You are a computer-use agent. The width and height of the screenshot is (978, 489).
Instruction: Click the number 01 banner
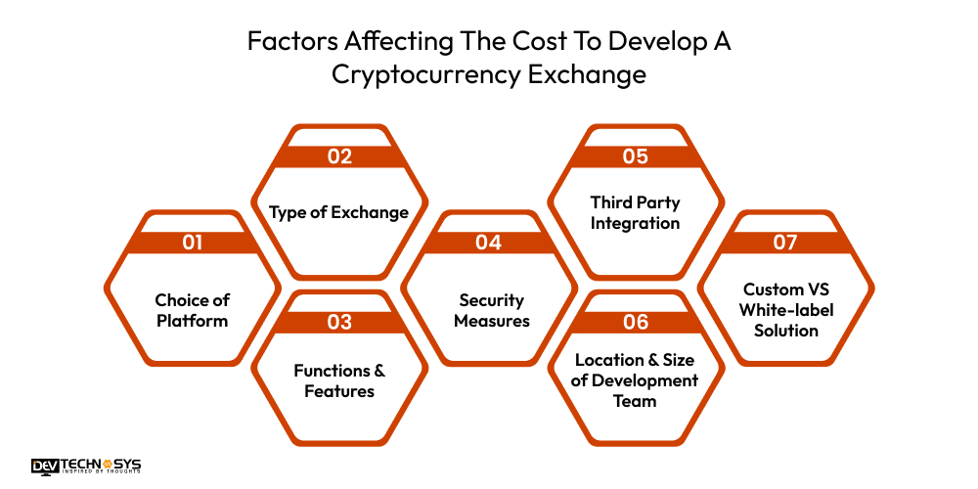click(x=192, y=243)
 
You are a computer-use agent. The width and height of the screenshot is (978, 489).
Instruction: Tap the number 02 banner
click(x=339, y=156)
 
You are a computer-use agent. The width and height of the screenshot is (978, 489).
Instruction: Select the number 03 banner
click(x=339, y=322)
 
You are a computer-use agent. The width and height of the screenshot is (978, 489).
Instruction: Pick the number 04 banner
click(x=488, y=243)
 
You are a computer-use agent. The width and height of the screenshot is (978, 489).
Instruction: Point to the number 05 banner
click(x=635, y=156)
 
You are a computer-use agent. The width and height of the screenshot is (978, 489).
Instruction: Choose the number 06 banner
click(x=635, y=322)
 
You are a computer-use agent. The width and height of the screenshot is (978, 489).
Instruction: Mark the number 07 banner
click(x=784, y=243)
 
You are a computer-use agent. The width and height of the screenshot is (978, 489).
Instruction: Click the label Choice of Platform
click(x=192, y=310)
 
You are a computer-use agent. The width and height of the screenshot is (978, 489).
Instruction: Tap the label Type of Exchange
click(x=339, y=212)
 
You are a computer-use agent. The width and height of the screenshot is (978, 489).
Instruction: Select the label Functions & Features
click(x=339, y=380)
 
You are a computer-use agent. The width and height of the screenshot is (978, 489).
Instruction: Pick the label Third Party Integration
click(x=635, y=213)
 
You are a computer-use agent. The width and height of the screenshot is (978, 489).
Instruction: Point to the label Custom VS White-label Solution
click(x=784, y=309)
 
